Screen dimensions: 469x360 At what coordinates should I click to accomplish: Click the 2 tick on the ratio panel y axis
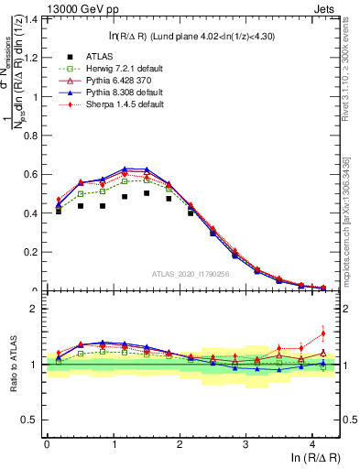(36, 309)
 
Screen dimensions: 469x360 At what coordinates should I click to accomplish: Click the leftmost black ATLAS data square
(59, 211)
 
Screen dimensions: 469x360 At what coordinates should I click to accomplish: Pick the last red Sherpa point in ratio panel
(322, 333)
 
